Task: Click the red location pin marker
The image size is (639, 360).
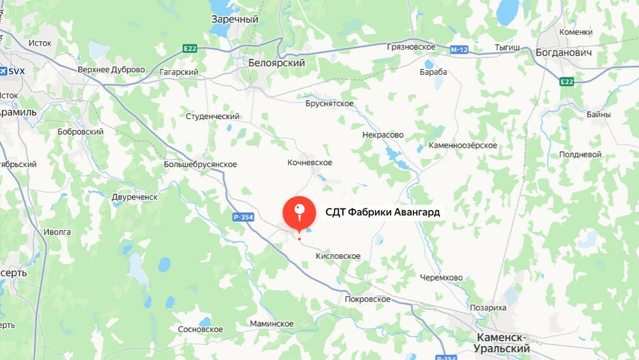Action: tap(299, 213)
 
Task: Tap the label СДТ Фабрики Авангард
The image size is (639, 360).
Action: tap(383, 212)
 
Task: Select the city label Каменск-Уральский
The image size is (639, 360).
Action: tap(503, 343)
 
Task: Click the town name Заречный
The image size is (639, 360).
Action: tap(235, 19)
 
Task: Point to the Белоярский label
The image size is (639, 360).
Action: tap(277, 63)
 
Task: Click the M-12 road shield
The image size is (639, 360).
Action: tap(458, 49)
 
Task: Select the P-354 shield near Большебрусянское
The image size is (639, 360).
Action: tap(243, 217)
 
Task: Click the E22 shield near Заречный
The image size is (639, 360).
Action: tap(189, 49)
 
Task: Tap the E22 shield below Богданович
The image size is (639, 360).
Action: tap(566, 81)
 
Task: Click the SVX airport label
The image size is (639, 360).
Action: tap(13, 71)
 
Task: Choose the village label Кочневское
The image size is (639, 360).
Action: tap(309, 163)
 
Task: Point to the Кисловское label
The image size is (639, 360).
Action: tap(338, 256)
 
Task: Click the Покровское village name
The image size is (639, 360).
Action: tap(367, 299)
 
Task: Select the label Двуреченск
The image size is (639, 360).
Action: tap(134, 197)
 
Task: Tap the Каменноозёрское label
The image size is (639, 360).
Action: tap(463, 146)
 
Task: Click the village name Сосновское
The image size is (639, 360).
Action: tap(200, 329)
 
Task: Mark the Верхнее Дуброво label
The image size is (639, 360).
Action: tap(111, 70)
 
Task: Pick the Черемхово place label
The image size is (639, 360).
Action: tap(442, 278)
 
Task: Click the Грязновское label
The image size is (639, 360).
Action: tap(411, 47)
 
